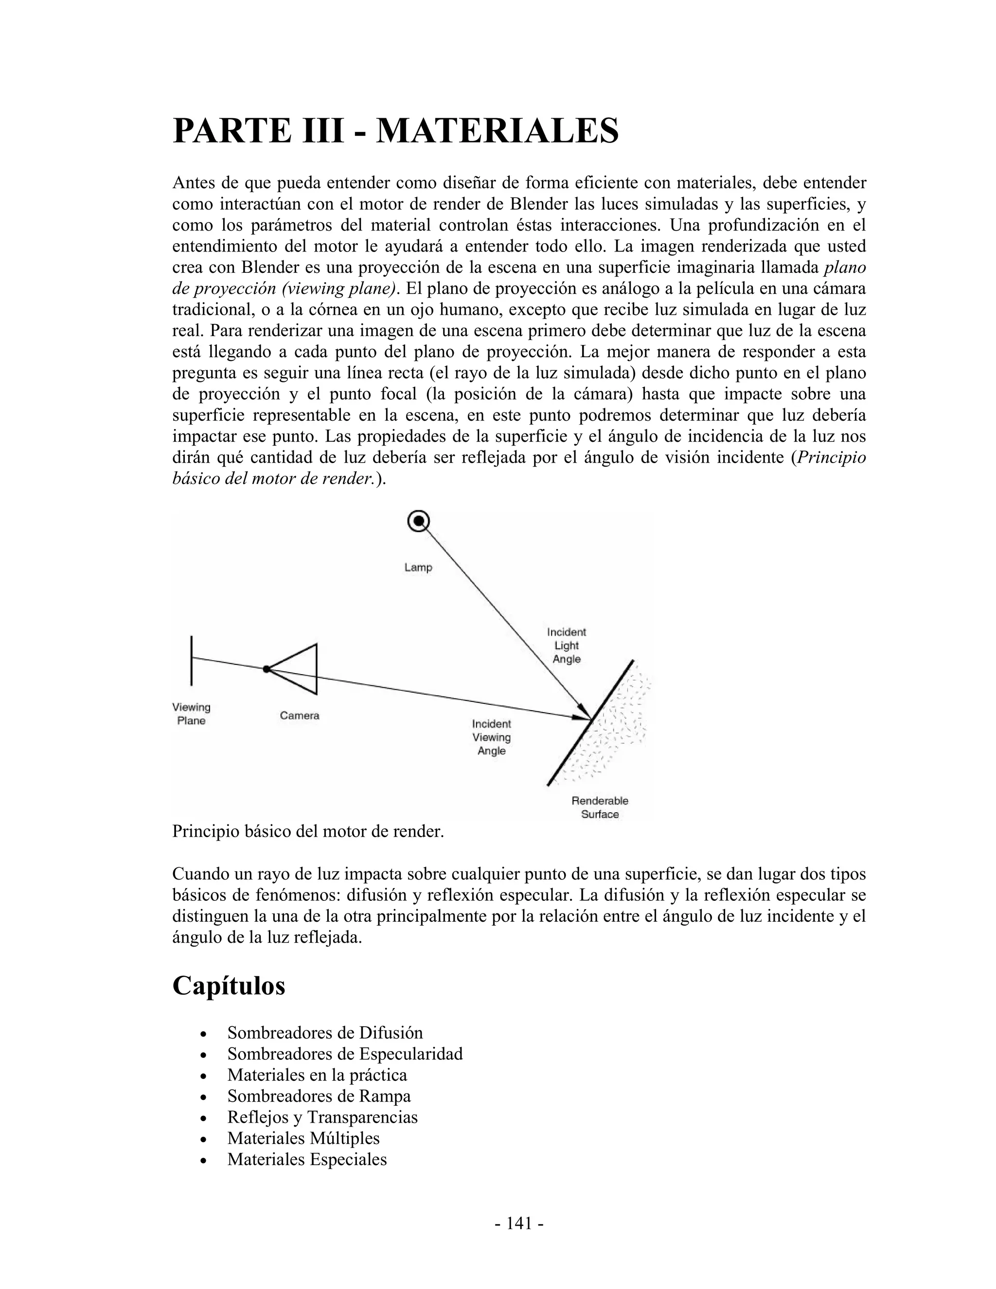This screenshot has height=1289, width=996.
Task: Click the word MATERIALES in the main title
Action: pos(497,130)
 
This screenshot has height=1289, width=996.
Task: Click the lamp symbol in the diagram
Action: pos(418,520)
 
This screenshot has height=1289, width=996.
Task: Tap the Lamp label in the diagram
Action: pos(418,567)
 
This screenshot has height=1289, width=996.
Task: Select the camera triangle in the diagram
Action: pos(299,669)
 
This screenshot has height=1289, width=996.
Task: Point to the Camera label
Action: pos(299,716)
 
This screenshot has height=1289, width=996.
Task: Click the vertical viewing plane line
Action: pos(192,661)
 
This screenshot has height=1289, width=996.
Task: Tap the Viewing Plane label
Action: pos(191,714)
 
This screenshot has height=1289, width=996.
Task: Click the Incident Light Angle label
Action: pos(567,645)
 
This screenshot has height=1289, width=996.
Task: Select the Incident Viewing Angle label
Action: pos(492,737)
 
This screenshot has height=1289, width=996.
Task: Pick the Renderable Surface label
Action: pos(600,807)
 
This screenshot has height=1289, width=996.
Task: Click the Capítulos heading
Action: pos(229,985)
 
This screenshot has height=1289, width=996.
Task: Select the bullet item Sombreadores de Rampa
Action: pos(319,1096)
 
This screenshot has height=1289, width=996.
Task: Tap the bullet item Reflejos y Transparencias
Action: pos(322,1117)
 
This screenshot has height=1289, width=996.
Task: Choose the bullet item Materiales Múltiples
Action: pos(303,1138)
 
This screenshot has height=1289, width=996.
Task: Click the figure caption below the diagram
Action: pos(307,832)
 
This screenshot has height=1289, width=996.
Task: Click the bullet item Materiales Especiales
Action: pos(307,1159)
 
